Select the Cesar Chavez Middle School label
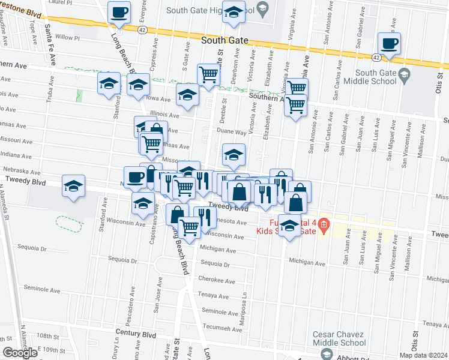coord(339,338)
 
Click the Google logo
coord(20,353)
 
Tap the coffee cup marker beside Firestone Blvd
coord(119,11)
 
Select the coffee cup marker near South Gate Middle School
coord(390,43)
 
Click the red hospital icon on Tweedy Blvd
coord(324,225)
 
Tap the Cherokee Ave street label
coord(217,280)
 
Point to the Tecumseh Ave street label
coord(221,327)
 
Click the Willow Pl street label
coord(67,37)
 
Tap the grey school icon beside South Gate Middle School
coord(403,74)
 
